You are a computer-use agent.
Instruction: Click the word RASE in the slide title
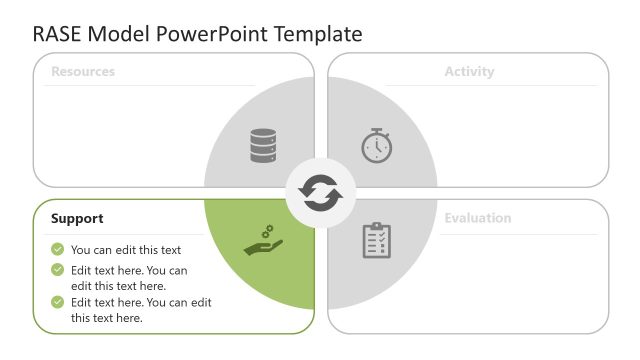tap(58, 34)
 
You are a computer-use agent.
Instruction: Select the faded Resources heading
tap(83, 72)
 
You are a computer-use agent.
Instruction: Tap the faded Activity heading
tap(469, 72)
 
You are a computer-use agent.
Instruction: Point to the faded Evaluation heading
tap(477, 218)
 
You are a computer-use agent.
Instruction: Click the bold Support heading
tap(77, 218)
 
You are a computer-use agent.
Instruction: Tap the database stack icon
tap(263, 146)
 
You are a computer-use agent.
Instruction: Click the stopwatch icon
tap(377, 146)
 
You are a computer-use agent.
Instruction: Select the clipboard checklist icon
tap(377, 240)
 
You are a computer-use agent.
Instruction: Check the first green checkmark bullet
tap(58, 250)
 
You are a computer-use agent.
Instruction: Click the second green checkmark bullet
tap(58, 270)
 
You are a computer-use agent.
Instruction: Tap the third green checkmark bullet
tap(58, 302)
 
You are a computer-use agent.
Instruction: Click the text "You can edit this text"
tap(126, 250)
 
